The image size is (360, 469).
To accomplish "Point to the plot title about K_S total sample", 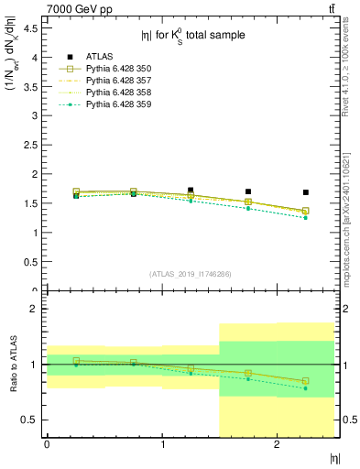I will [x=192, y=36].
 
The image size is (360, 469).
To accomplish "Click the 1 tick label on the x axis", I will [x=162, y=445].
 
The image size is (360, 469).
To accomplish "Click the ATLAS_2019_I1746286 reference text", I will [x=190, y=274].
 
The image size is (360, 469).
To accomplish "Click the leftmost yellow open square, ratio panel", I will [x=76, y=361].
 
